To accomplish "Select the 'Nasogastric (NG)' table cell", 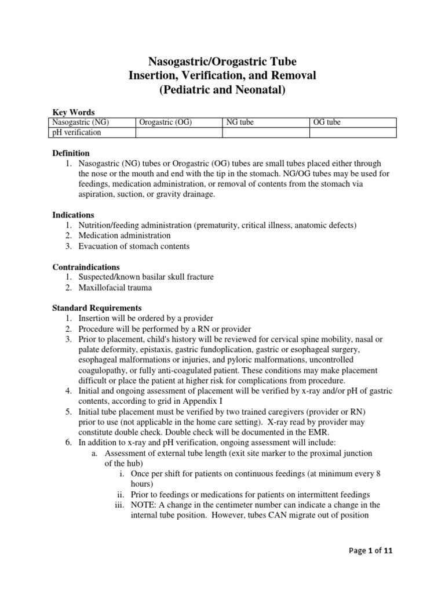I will [x=79, y=122].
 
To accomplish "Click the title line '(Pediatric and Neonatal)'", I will [x=222, y=90].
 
